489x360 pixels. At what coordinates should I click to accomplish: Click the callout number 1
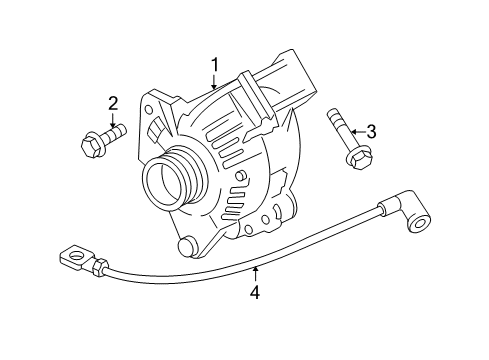[x=213, y=65]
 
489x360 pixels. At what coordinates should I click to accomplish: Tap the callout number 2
[x=113, y=102]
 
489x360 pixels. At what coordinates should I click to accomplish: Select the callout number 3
[x=371, y=131]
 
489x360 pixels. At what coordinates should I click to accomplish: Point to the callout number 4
[x=255, y=292]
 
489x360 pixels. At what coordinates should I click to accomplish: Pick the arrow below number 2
[x=113, y=123]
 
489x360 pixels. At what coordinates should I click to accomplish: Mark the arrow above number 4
[x=255, y=272]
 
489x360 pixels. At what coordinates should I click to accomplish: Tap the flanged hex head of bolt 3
[x=357, y=159]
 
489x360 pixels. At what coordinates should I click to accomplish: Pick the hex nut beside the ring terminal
[x=101, y=267]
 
